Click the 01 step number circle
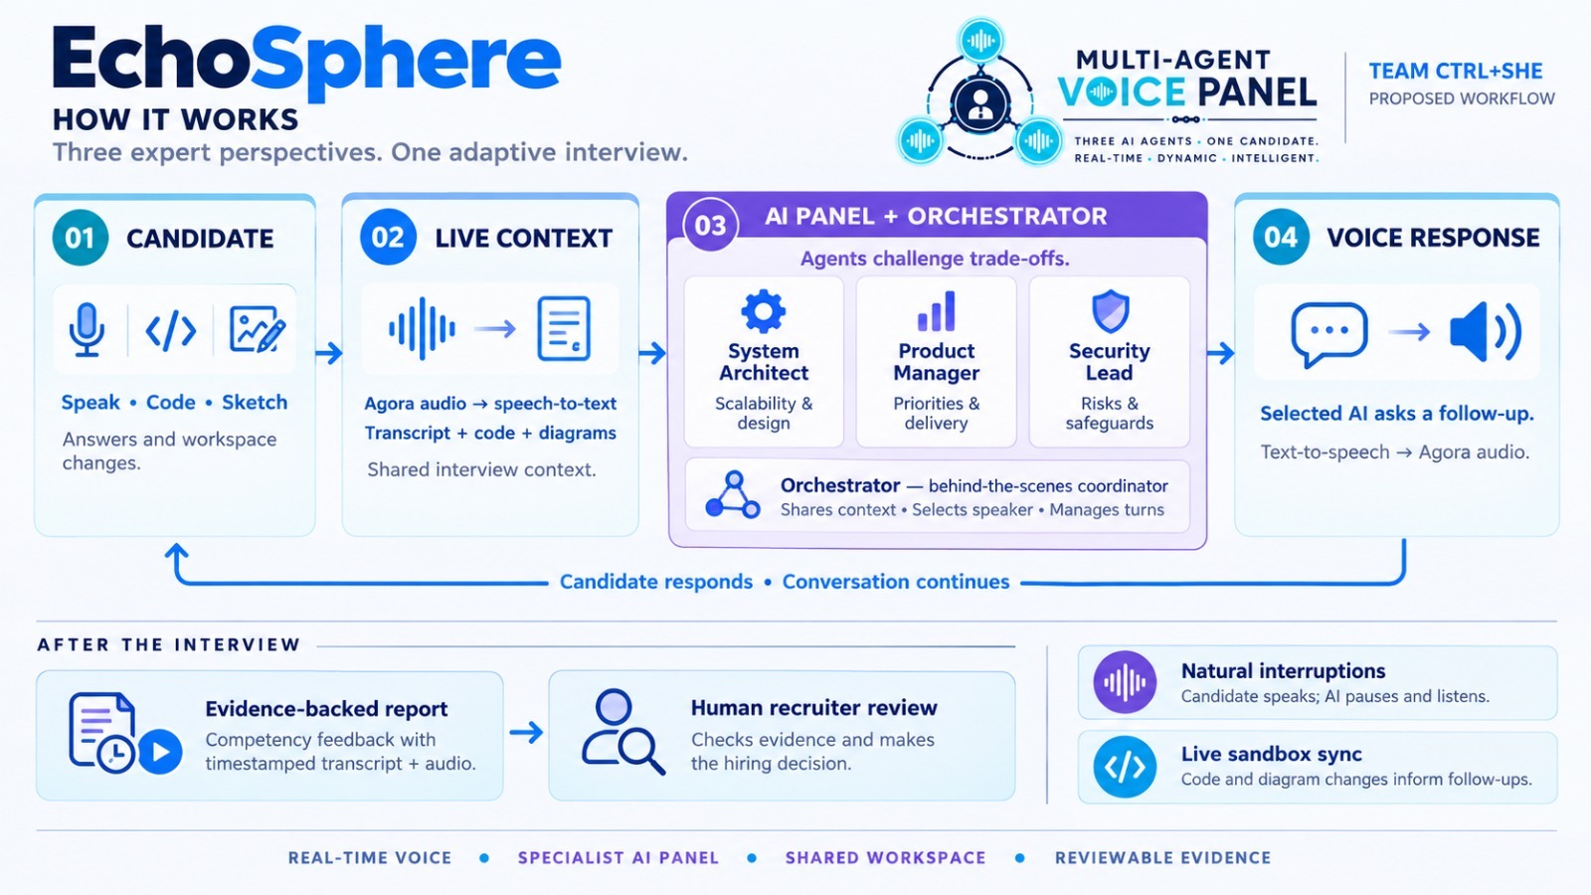pos(81,238)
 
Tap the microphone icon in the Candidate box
pos(87,329)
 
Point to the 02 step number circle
pos(388,238)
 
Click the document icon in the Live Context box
pos(564,329)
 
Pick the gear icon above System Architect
pos(764,311)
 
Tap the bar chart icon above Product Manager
pos(936,311)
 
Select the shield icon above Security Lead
pos(1110,311)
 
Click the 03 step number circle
pos(710,225)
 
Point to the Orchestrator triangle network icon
pos(733,495)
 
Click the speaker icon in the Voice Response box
pos(1486,332)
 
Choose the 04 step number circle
pos(1281,238)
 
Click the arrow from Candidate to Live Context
pos(329,352)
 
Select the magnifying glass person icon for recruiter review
pos(622,732)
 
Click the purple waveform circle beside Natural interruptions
pos(1125,682)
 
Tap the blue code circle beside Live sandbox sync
pos(1125,767)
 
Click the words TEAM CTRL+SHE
pos(1456,71)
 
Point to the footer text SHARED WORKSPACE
pos(886,858)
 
